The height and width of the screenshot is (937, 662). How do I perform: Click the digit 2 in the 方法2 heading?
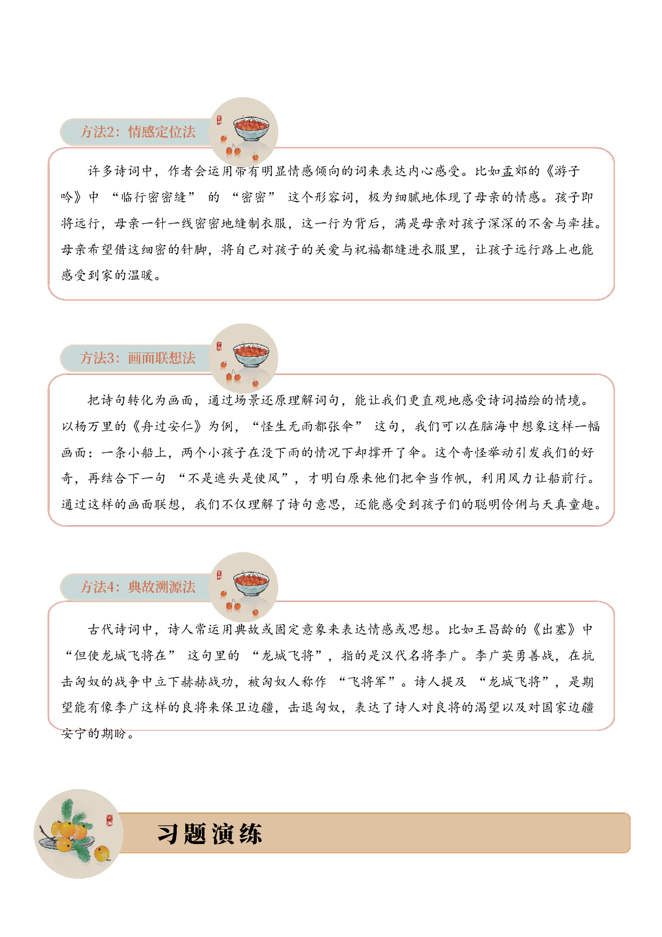coord(109,132)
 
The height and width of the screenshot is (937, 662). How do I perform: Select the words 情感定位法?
coord(162,132)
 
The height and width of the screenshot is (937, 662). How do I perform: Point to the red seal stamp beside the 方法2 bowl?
coord(219,120)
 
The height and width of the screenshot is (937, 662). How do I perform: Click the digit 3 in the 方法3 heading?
coord(109,358)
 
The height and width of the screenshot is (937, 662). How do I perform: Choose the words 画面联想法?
coord(162,358)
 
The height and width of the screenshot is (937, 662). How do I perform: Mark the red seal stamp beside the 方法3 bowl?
coord(219,346)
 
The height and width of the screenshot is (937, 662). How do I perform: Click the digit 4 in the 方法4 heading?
coord(110,587)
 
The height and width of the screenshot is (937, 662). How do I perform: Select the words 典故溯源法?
coord(162,587)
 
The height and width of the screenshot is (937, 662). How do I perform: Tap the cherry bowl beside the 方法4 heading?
coord(251,584)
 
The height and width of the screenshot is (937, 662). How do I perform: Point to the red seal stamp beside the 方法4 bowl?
coord(219,575)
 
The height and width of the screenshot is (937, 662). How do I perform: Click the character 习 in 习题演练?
coord(168,833)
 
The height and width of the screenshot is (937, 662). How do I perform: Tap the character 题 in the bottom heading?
coord(195,833)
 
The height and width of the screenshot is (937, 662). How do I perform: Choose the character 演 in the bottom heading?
coord(223,833)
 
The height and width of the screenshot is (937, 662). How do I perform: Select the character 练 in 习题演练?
coord(250,833)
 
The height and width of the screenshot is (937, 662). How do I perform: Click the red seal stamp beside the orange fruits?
coord(109,821)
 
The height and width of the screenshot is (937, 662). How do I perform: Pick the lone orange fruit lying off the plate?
coord(101,853)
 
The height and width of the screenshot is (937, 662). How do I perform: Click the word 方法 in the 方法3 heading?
coord(92,358)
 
